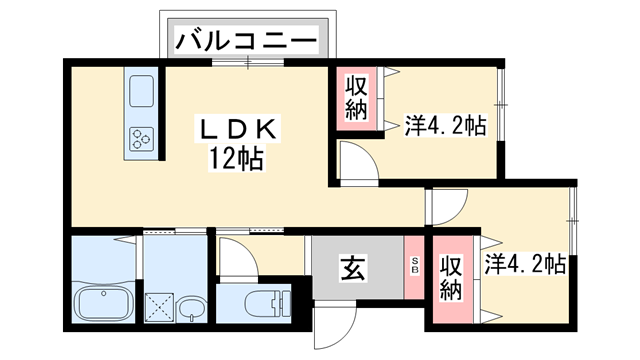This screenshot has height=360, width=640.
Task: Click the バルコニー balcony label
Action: point(247,41)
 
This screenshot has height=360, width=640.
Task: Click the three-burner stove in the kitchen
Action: point(140,139)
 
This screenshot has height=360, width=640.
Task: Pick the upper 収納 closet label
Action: point(354,97)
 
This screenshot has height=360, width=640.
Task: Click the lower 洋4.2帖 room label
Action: point(526,265)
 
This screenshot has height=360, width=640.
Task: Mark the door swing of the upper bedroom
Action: point(354,161)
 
